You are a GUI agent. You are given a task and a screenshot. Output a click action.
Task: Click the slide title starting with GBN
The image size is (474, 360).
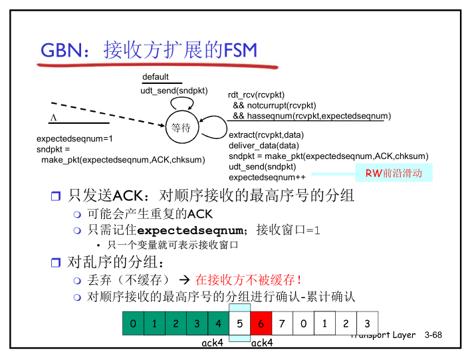pyautogui.click(x=149, y=50)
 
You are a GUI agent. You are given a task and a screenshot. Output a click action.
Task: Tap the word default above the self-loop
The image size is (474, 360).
pyautogui.click(x=156, y=77)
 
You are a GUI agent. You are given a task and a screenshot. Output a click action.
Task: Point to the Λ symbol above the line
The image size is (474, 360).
pyautogui.click(x=54, y=117)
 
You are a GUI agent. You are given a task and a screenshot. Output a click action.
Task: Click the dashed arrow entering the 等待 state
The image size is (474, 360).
pyautogui.click(x=106, y=113)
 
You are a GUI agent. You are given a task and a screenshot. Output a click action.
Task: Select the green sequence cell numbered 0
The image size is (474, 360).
pyautogui.click(x=133, y=324)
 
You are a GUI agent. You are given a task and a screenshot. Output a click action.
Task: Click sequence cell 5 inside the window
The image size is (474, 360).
pyautogui.click(x=239, y=324)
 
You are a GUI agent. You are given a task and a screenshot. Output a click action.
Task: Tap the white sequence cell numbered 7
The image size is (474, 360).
pyautogui.click(x=282, y=324)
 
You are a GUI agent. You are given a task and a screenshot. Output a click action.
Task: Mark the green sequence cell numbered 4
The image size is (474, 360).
pyautogui.click(x=218, y=324)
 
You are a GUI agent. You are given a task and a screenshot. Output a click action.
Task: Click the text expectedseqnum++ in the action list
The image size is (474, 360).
pyautogui.click(x=267, y=178)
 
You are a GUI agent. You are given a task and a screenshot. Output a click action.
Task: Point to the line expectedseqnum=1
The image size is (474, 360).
pyautogui.click(x=74, y=138)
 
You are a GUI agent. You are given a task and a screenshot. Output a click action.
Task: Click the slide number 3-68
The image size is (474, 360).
pyautogui.click(x=433, y=335)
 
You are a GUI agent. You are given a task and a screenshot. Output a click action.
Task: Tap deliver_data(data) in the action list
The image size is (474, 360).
pyautogui.click(x=264, y=145)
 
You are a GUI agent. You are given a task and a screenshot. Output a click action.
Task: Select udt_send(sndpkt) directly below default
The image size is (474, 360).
pyautogui.click(x=174, y=90)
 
